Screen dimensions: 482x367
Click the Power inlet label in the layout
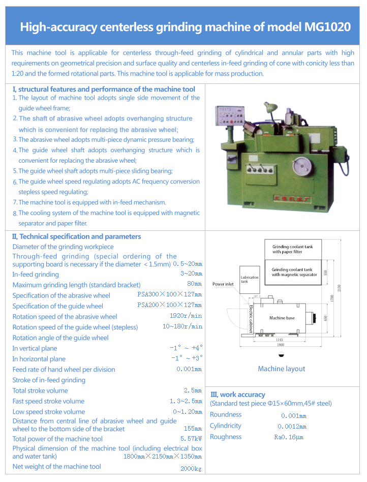pyautogui.click(x=223, y=284)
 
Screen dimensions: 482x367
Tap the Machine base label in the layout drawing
pyautogui.click(x=282, y=318)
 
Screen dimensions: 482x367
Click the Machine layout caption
pyautogui.click(x=282, y=369)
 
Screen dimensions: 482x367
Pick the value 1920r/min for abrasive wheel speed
pyautogui.click(x=186, y=316)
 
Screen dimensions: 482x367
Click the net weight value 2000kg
pyautogui.click(x=191, y=468)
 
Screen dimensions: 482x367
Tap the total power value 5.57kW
pyautogui.click(x=191, y=439)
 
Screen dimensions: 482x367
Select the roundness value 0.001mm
pyautogui.click(x=293, y=416)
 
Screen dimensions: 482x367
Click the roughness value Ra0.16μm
pyautogui.click(x=289, y=437)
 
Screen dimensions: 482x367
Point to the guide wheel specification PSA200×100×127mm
pyautogui.click(x=169, y=306)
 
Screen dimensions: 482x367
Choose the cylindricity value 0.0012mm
pyautogui.click(x=292, y=427)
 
